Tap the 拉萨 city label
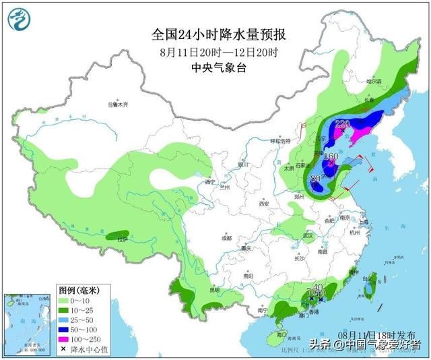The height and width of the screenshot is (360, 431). pyautogui.click(x=122, y=239)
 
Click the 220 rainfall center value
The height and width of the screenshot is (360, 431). pyautogui.click(x=343, y=123)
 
